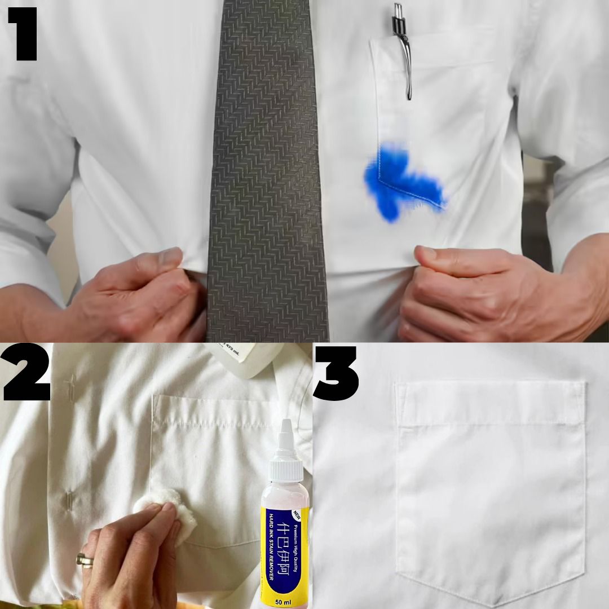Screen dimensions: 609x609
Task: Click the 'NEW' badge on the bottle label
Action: tap(298, 514)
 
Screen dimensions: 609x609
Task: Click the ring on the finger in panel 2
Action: tap(85, 559)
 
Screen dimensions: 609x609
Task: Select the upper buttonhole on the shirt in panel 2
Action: tap(70, 387)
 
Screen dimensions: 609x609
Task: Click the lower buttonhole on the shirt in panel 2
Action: tap(69, 499)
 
